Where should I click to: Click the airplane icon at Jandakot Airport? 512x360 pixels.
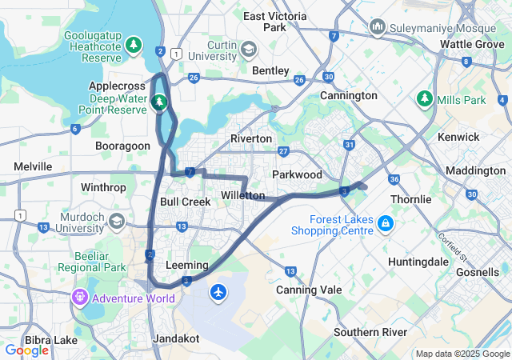(x=218, y=293)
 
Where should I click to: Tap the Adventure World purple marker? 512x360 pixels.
(x=79, y=298)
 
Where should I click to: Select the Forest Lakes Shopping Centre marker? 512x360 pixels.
(x=386, y=222)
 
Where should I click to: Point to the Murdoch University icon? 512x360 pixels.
(x=117, y=220)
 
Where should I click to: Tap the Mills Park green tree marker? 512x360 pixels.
(x=425, y=99)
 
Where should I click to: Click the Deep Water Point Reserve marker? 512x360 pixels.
(x=159, y=102)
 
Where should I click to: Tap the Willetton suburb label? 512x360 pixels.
(x=242, y=195)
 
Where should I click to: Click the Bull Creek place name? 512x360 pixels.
(x=185, y=202)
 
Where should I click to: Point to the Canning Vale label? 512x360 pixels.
(x=309, y=290)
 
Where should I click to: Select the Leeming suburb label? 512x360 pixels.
(x=186, y=265)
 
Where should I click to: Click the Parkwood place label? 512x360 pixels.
(x=297, y=174)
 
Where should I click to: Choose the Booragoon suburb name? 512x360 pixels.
(x=122, y=146)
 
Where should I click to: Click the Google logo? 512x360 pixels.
(x=27, y=350)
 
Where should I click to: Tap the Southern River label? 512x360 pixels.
(x=370, y=332)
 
